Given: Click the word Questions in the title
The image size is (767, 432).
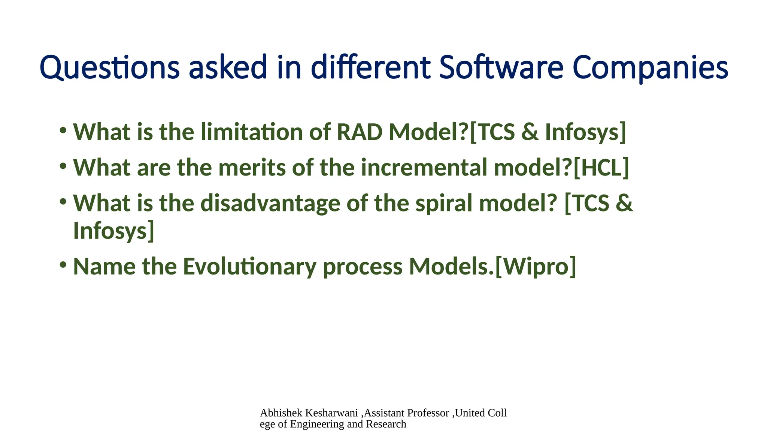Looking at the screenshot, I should point(109,68).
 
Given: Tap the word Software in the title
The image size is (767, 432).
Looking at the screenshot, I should point(501,68).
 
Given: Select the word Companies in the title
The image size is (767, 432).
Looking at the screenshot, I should point(650,68).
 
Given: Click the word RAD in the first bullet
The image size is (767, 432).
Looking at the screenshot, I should point(359,132).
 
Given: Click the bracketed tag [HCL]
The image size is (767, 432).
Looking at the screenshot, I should point(601,168).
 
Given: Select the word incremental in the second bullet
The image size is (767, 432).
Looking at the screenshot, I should point(424,168).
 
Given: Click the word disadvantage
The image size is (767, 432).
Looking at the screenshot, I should point(270,203).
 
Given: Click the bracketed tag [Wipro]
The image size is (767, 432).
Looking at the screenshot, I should point(536,267).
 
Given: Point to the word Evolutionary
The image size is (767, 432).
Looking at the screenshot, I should point(249,267).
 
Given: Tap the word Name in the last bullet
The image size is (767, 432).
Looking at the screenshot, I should point(104,267).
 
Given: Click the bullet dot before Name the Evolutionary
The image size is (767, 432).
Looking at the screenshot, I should point(63,265).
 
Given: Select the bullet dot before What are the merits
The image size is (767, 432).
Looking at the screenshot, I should point(63,166).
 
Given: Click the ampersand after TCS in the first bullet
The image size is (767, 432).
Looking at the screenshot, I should point(530,132).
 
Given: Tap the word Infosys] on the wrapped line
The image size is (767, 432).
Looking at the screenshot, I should point(113,231).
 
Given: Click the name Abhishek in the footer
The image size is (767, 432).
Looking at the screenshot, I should point(281,413).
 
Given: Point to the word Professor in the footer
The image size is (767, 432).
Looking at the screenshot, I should point(428,413).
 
